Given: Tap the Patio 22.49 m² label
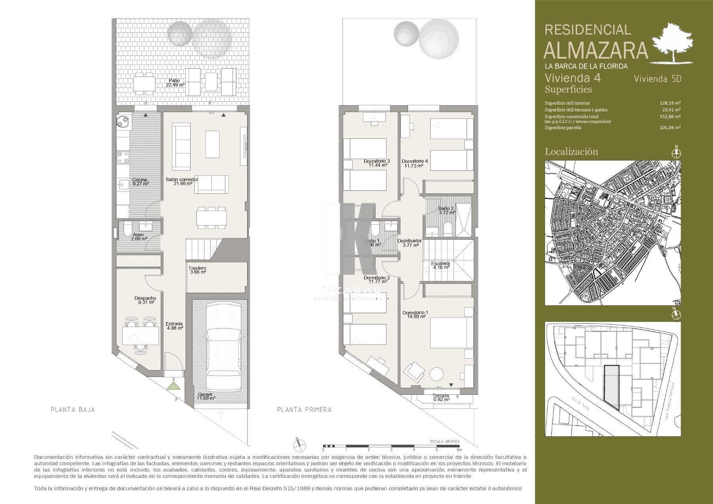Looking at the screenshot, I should (175, 83).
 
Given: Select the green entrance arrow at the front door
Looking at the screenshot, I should (173, 386).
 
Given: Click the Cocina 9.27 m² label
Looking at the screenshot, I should (140, 181).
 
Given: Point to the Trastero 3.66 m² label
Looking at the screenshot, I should (197, 270).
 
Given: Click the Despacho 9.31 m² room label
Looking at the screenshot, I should (145, 300).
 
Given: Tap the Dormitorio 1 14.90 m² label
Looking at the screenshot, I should (415, 315).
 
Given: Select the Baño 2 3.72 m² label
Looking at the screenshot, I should (446, 210).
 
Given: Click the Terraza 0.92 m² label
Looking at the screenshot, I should (441, 397).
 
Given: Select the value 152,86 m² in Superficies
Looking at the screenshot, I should (672, 116).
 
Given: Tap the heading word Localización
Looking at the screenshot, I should (571, 151).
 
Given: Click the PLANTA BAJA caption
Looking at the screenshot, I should (73, 410).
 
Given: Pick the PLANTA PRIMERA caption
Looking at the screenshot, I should (304, 410).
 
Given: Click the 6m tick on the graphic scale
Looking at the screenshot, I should (459, 449).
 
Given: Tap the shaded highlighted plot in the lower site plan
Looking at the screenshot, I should (611, 387).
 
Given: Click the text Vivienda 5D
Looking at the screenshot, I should (658, 79).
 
